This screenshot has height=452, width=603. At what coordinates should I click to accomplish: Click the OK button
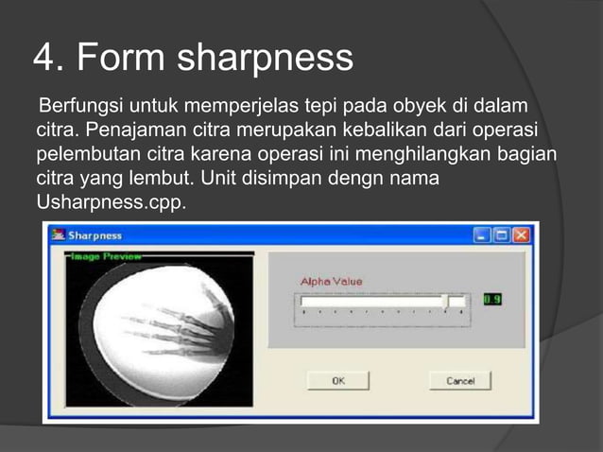point(337,380)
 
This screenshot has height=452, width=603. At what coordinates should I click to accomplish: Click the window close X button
point(521,235)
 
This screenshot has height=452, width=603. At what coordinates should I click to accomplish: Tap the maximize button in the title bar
point(502,235)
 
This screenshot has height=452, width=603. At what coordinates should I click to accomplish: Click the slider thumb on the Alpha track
point(444,301)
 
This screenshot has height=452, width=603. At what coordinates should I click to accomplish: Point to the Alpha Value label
point(331,281)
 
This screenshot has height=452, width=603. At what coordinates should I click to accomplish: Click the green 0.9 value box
point(492,300)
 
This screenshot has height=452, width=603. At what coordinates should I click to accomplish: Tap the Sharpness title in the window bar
point(94,235)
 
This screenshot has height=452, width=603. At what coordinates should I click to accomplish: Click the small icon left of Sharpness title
point(58,235)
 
